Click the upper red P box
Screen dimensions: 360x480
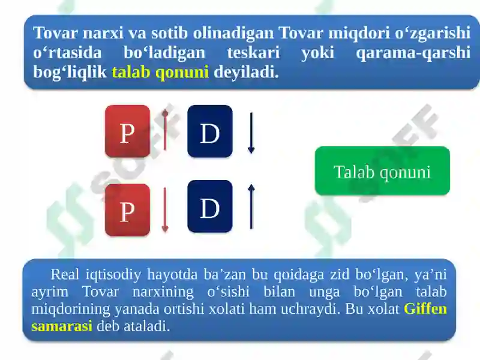[x=127, y=131]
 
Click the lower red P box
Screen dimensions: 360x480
[x=127, y=210]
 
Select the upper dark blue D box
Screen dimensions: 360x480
[x=209, y=131]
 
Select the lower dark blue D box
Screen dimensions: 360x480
[x=209, y=207]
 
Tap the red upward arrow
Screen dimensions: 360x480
[x=166, y=130]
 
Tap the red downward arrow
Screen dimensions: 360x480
[x=166, y=209]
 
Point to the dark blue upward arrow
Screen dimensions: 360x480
[x=251, y=206]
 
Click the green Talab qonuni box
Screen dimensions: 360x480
[x=382, y=172]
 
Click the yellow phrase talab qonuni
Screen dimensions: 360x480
[x=160, y=73]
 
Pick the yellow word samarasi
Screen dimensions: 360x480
[x=61, y=326]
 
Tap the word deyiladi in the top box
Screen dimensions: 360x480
[x=246, y=73]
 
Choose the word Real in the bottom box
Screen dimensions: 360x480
[x=64, y=275]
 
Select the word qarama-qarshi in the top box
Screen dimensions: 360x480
[x=413, y=53]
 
